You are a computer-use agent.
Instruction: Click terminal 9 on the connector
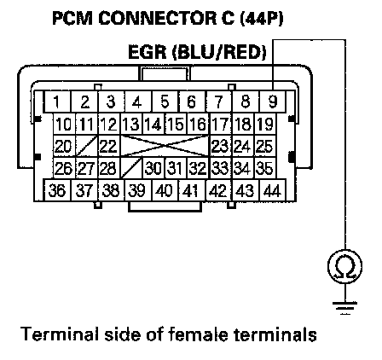point(272,102)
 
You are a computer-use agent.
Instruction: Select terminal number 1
point(57,102)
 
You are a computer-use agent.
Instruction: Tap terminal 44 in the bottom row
point(272,190)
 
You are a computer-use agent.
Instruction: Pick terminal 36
point(57,190)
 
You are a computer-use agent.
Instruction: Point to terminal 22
point(109,146)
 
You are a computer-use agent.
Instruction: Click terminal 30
point(153,168)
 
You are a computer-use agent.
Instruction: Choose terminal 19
point(265,124)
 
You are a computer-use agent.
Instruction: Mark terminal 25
point(265,146)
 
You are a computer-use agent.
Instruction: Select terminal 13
point(131,124)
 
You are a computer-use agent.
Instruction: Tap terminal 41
point(191,190)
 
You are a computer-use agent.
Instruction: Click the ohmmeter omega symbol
point(345,266)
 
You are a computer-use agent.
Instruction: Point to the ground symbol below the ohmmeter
point(345,308)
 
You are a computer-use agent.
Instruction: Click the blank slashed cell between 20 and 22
point(87,146)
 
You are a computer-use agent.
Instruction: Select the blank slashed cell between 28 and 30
point(131,168)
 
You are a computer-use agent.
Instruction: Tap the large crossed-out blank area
point(165,146)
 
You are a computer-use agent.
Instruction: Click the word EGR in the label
point(147,52)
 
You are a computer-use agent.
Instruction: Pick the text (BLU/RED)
point(220,53)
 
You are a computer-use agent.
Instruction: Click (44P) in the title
point(262,19)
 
